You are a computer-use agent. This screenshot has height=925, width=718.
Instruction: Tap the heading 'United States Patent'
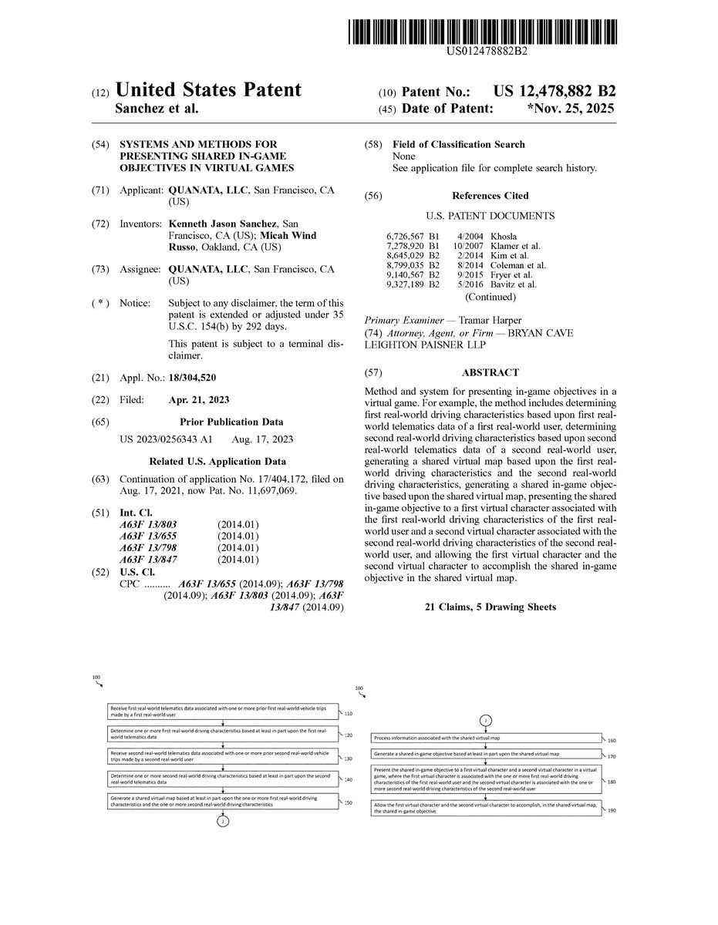(208, 90)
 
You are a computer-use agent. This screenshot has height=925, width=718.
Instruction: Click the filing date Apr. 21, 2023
(198, 399)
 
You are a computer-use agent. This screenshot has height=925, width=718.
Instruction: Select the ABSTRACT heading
(490, 372)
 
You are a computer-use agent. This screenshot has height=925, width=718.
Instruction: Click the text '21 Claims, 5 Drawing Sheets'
(490, 607)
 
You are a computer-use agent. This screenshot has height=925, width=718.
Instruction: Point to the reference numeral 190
(612, 811)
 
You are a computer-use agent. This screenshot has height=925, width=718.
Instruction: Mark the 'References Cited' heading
(490, 196)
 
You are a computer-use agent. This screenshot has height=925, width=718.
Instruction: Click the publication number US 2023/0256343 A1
(166, 439)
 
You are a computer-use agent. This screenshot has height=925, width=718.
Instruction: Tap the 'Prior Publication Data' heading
(231, 422)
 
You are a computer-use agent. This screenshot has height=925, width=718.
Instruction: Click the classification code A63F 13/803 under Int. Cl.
(148, 524)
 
